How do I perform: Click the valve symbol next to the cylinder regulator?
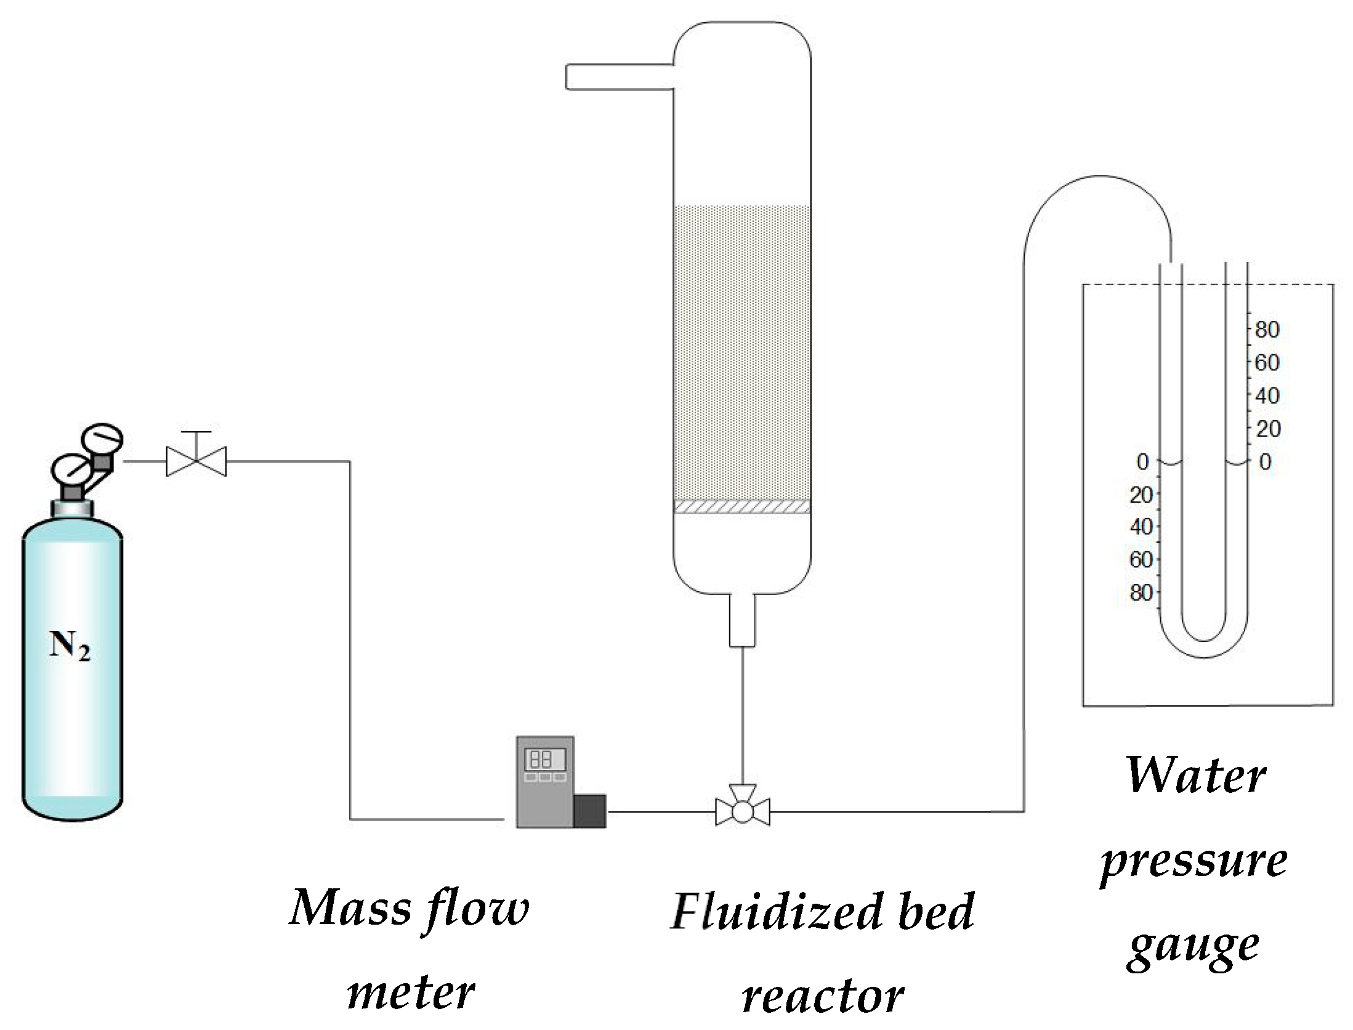(x=196, y=461)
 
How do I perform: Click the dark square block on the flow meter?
(x=589, y=810)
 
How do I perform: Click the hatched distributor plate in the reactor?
(x=741, y=506)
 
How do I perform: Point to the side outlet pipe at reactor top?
(x=618, y=77)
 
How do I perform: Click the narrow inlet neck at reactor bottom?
(x=741, y=620)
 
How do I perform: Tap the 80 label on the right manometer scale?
(x=1267, y=330)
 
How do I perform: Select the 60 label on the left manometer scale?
(x=1141, y=560)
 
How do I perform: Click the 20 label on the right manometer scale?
(x=1268, y=429)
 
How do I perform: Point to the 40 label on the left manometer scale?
(x=1141, y=527)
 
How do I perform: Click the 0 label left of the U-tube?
(x=1142, y=462)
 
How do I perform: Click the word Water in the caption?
(x=1195, y=777)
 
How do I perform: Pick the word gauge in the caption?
(x=1193, y=949)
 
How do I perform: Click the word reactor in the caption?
(x=823, y=997)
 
